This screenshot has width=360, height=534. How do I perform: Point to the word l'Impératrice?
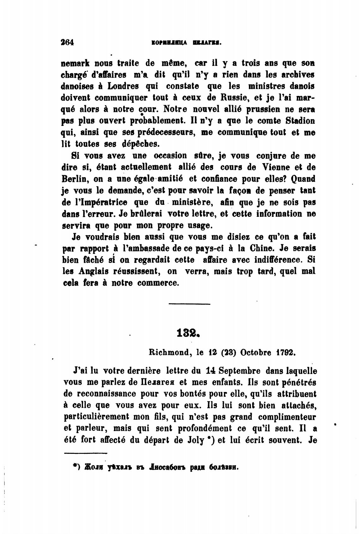[x=102, y=202]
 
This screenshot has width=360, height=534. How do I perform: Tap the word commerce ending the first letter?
[x=158, y=283]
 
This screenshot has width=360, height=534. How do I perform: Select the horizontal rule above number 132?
[x=189, y=304]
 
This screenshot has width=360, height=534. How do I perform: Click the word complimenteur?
[x=287, y=417]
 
